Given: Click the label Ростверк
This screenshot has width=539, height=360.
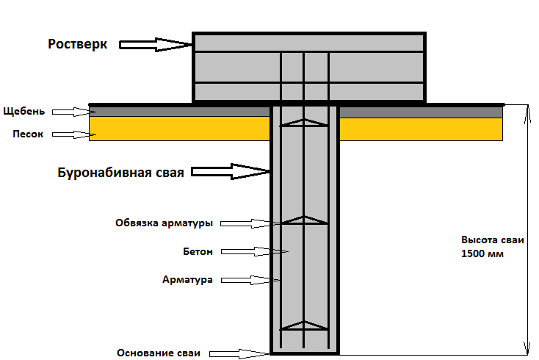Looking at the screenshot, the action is pyautogui.click(x=77, y=44).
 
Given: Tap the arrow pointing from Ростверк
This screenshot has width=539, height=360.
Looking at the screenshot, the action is pyautogui.click(x=156, y=45).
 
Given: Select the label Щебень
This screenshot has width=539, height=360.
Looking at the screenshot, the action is pyautogui.click(x=24, y=111).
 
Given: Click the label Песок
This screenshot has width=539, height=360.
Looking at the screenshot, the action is pyautogui.click(x=28, y=134).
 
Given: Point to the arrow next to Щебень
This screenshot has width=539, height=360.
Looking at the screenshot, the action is pyautogui.click(x=74, y=112).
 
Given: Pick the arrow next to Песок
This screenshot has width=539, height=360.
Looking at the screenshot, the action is pyautogui.click(x=74, y=134).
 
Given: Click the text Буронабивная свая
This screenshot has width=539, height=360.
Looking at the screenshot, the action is pyautogui.click(x=120, y=173).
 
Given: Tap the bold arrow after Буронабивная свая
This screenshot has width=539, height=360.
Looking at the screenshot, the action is pyautogui.click(x=231, y=171).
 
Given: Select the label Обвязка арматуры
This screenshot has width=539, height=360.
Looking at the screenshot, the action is pyautogui.click(x=164, y=223).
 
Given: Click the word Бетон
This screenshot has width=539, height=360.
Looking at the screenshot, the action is pyautogui.click(x=198, y=252).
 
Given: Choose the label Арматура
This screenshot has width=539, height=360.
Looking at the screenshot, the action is pyautogui.click(x=187, y=279).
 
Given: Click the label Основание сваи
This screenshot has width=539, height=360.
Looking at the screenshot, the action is pyautogui.click(x=159, y=353).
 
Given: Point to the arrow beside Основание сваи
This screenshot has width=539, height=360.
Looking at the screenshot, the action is pyautogui.click(x=239, y=354).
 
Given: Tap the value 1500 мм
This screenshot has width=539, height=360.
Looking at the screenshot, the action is pyautogui.click(x=482, y=253).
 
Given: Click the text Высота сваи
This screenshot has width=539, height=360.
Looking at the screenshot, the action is pyautogui.click(x=493, y=240).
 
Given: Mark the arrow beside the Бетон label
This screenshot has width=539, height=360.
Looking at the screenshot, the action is pyautogui.click(x=254, y=252).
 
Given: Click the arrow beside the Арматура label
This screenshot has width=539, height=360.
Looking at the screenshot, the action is pyautogui.click(x=250, y=280).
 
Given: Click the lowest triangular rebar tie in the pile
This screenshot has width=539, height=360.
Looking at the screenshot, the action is pyautogui.click(x=304, y=326).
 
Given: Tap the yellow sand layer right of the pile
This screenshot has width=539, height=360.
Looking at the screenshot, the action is pyautogui.click(x=421, y=129).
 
